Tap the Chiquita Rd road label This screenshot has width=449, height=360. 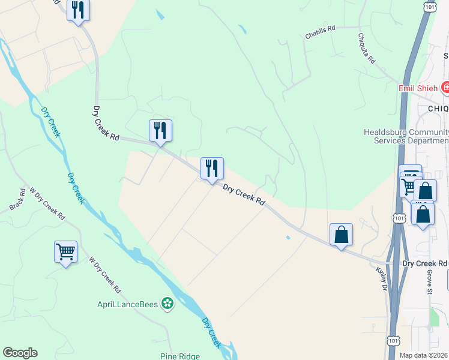366,48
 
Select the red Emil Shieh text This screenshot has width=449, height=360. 418,89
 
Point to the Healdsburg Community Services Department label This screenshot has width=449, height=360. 406,136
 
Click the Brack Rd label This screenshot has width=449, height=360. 17,199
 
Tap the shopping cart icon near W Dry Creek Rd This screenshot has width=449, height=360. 65,251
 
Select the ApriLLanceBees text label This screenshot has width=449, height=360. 128,304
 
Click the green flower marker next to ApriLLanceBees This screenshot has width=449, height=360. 167,304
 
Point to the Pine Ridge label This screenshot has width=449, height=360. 179,356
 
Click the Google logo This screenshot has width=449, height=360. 20,353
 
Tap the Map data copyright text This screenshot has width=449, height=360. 424,355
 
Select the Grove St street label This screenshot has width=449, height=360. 430,278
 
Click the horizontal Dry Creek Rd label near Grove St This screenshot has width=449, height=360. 424,263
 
